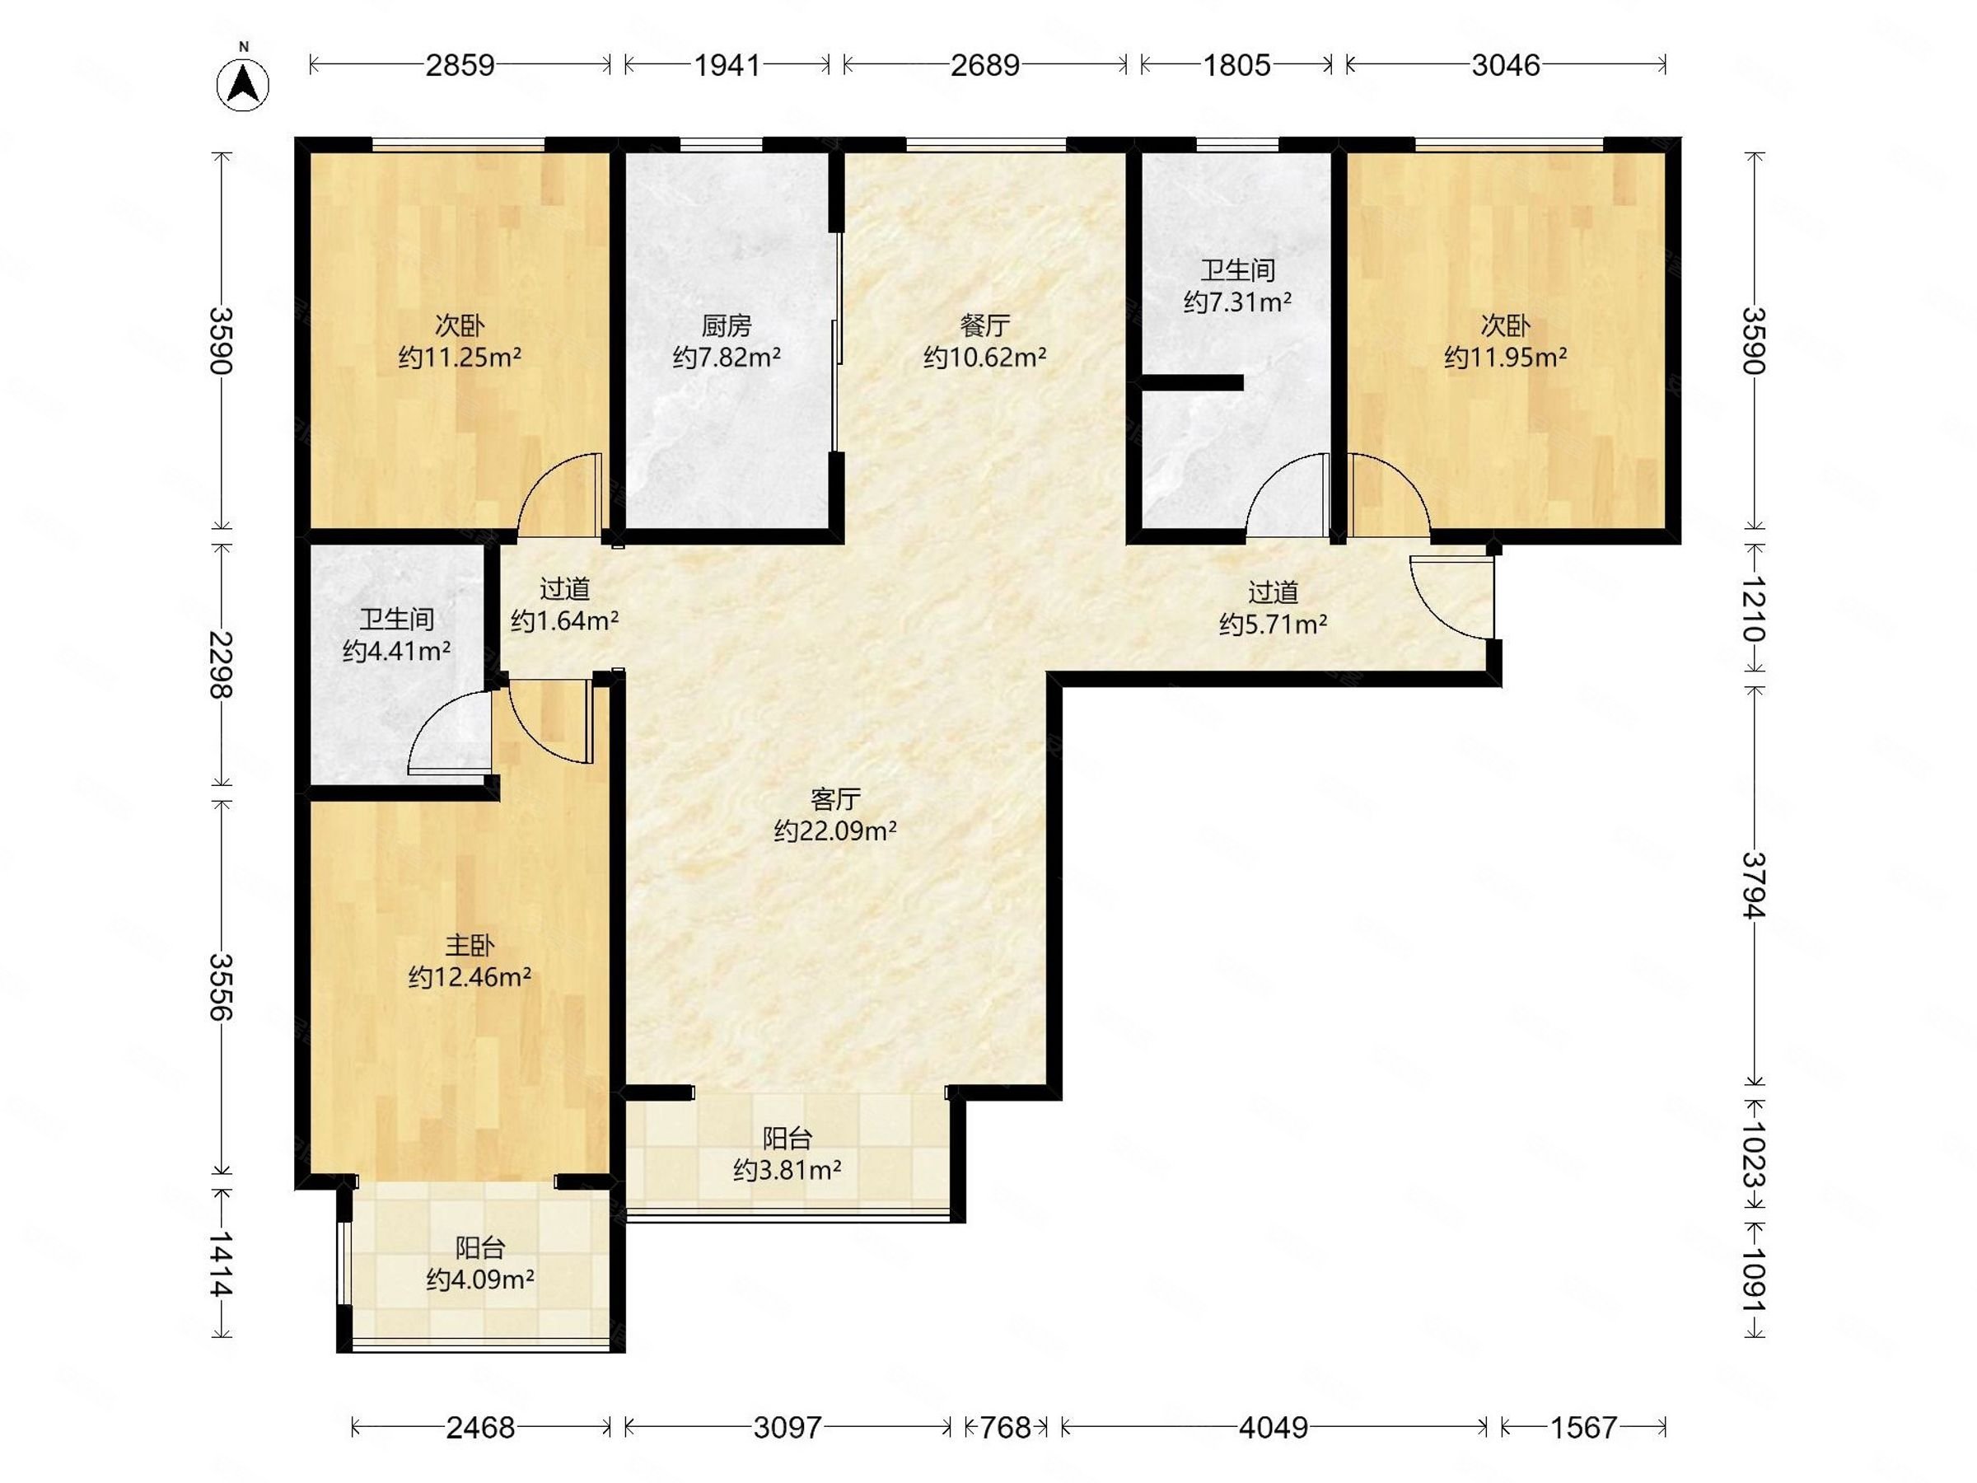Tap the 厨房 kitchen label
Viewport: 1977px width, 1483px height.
click(x=727, y=325)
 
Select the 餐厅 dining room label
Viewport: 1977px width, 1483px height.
click(x=985, y=325)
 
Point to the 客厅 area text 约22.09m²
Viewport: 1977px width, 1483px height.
click(x=834, y=831)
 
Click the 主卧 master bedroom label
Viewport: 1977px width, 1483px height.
click(x=470, y=945)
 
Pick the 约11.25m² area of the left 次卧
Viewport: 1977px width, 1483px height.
click(x=460, y=358)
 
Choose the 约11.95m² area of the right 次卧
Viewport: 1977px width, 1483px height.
click(x=1506, y=358)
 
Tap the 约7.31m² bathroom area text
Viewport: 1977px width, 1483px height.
click(x=1238, y=302)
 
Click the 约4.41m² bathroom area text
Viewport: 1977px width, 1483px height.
click(x=397, y=652)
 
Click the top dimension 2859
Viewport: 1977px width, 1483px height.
click(x=460, y=65)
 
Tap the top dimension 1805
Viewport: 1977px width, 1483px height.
click(x=1237, y=65)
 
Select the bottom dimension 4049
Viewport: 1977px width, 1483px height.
click(x=1274, y=1429)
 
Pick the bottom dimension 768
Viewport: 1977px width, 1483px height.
click(x=1007, y=1429)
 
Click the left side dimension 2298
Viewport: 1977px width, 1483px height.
click(x=221, y=665)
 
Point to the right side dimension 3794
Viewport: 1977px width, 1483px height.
click(x=1755, y=885)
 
